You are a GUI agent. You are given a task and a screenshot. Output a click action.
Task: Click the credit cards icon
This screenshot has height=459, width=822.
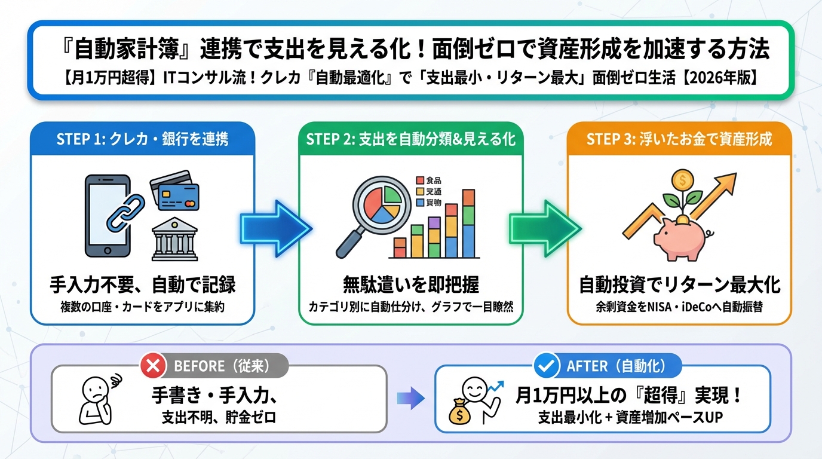click(174, 192)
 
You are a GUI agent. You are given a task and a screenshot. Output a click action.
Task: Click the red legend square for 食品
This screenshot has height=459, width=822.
click(419, 180)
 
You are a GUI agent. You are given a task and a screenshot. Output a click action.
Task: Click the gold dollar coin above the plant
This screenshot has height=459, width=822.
click(682, 179)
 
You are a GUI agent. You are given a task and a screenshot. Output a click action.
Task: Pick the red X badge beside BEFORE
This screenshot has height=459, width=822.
click(154, 365)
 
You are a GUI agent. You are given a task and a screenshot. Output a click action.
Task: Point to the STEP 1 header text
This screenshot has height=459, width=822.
click(142, 140)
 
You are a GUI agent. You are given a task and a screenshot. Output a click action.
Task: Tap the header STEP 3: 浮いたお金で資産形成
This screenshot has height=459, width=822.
click(679, 140)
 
